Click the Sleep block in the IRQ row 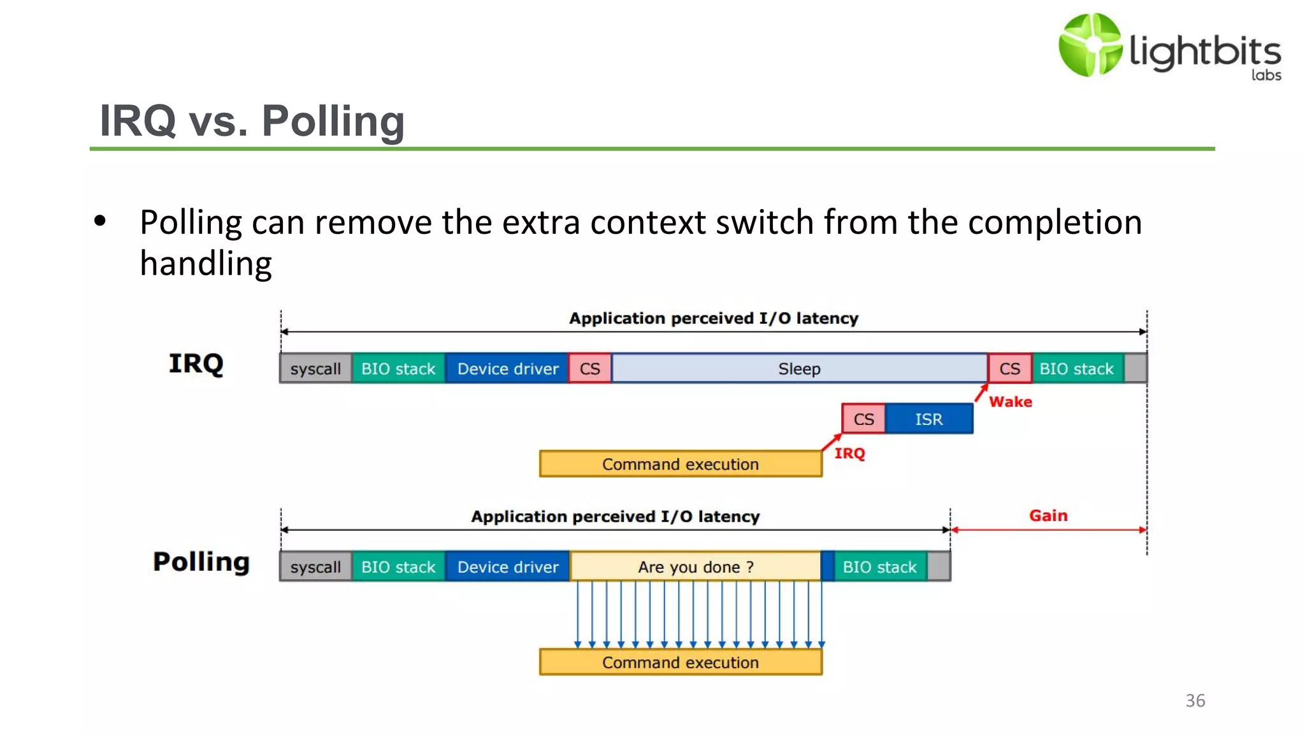(x=799, y=368)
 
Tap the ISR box (x=928, y=419)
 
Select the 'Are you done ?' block (x=696, y=566)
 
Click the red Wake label (x=1010, y=401)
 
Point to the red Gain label (x=1048, y=515)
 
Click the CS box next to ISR (x=863, y=419)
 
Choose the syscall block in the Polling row (x=315, y=566)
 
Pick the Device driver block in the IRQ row (x=507, y=368)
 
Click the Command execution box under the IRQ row (x=681, y=464)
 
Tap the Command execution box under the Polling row (x=681, y=662)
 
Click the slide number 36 (x=1195, y=700)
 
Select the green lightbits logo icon (x=1090, y=45)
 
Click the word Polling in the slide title (x=333, y=120)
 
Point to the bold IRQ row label (x=196, y=363)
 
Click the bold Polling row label (x=201, y=561)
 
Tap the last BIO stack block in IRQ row (x=1076, y=368)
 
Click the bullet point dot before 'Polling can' (x=100, y=222)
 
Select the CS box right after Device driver (x=589, y=368)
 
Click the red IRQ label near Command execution (x=849, y=453)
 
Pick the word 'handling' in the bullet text (x=206, y=263)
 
